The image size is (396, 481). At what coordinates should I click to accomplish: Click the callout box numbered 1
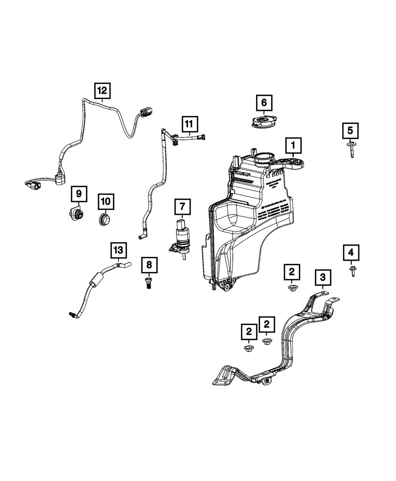click(x=293, y=145)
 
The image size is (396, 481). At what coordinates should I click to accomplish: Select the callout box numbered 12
click(x=102, y=91)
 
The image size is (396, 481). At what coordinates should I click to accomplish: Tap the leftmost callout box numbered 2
click(x=249, y=331)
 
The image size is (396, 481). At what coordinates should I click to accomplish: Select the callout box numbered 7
click(x=182, y=206)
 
